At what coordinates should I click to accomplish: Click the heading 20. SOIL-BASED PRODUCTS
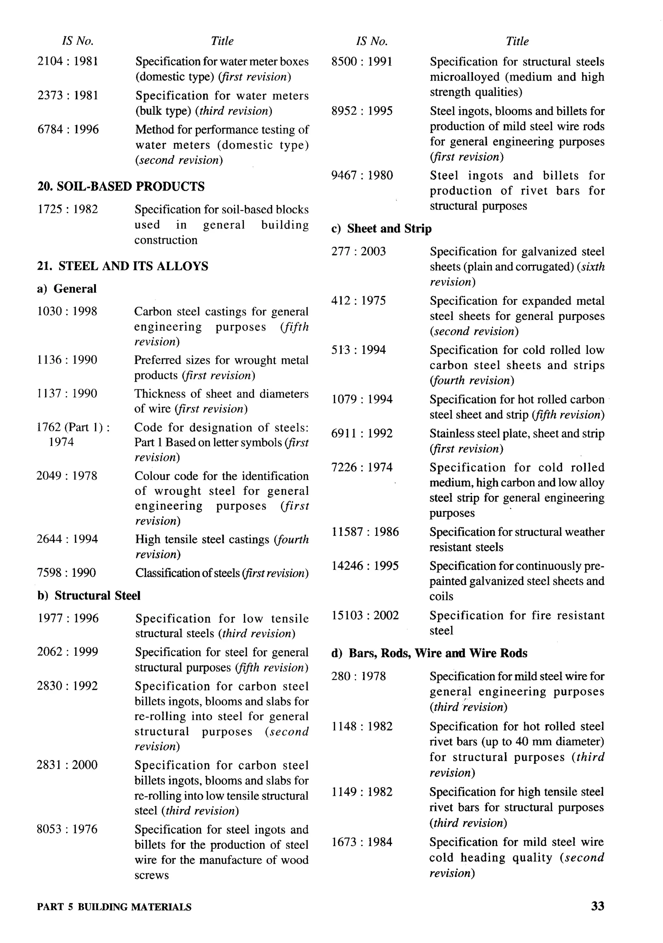pyautogui.click(x=121, y=186)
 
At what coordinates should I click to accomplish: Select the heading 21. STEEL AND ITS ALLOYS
pyautogui.click(x=122, y=266)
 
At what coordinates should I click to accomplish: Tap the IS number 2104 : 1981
pyautogui.click(x=68, y=61)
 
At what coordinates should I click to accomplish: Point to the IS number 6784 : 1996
pyautogui.click(x=68, y=130)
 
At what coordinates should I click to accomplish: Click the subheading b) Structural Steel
pyautogui.click(x=89, y=596)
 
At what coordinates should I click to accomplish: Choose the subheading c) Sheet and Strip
pyautogui.click(x=381, y=229)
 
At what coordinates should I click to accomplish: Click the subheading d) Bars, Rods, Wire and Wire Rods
pyautogui.click(x=429, y=653)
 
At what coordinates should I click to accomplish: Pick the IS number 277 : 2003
pyautogui.click(x=358, y=251)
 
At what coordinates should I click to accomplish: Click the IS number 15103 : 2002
pyautogui.click(x=365, y=615)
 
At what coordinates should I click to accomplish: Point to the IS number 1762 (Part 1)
pyautogui.click(x=73, y=428)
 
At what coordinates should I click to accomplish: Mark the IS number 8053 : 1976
pyautogui.click(x=67, y=829)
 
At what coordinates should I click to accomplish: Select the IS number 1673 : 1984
pyautogui.click(x=362, y=842)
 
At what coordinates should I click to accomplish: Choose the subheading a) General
pyautogui.click(x=67, y=289)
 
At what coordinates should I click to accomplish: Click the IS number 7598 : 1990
pyautogui.click(x=66, y=573)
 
